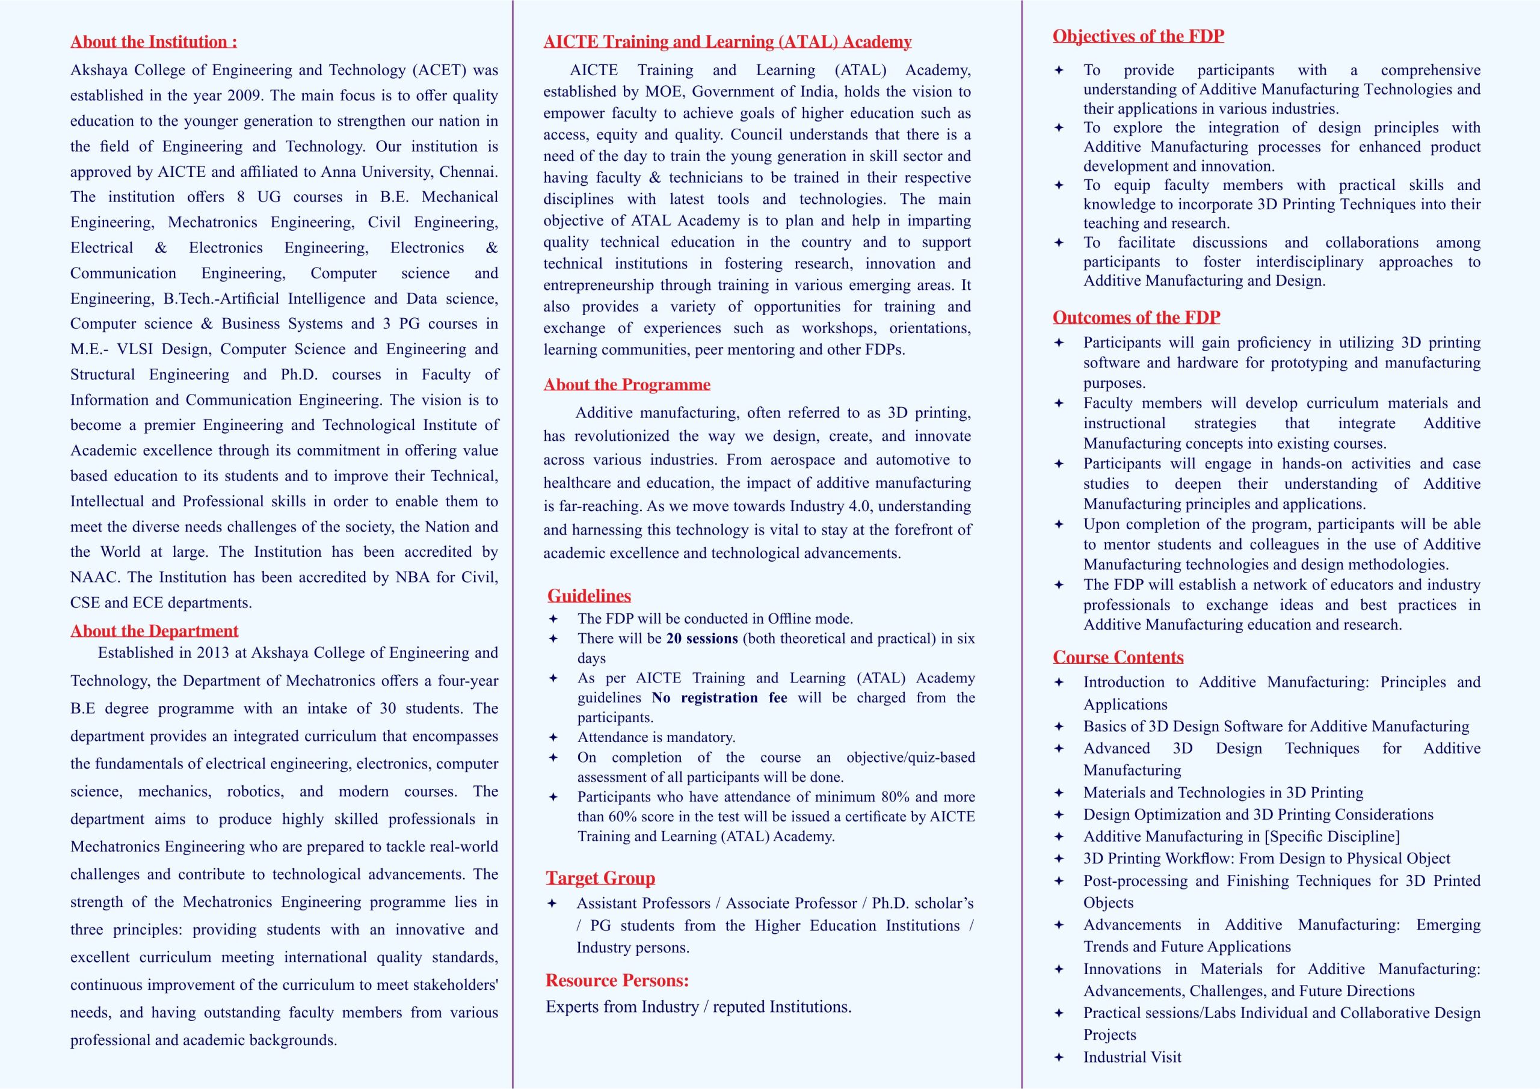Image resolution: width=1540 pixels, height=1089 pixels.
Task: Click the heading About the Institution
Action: (x=153, y=42)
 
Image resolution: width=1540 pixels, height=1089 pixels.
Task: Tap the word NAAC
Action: (x=94, y=577)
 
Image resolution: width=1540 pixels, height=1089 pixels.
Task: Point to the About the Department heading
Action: (x=154, y=631)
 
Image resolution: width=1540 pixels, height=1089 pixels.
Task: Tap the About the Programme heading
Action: (x=626, y=385)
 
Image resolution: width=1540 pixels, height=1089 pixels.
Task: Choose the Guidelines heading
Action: (x=589, y=596)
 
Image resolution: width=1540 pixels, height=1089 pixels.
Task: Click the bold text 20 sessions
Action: (x=701, y=639)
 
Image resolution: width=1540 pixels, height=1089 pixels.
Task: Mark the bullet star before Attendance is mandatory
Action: (x=553, y=738)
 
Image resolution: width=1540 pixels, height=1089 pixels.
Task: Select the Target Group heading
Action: (x=600, y=879)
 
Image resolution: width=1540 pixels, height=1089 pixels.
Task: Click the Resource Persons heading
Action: (x=617, y=981)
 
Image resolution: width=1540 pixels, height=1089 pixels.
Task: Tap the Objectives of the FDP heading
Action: (x=1138, y=36)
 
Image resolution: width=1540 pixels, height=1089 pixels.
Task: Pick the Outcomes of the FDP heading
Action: (x=1136, y=317)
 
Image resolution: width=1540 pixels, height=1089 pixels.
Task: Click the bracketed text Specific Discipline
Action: (x=1331, y=837)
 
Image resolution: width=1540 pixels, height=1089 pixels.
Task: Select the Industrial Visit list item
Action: (x=1132, y=1058)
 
